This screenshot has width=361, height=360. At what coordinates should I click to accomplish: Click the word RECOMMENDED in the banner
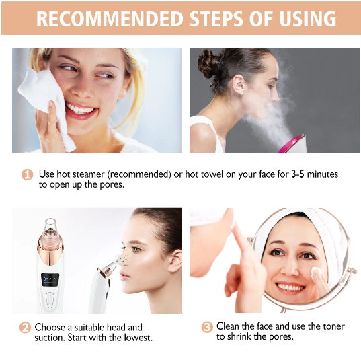tap(110, 19)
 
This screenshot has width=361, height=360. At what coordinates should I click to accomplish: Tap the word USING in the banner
tap(308, 19)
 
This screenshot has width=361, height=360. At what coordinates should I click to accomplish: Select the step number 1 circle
tap(28, 174)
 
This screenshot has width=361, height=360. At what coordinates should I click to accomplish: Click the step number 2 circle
tap(25, 328)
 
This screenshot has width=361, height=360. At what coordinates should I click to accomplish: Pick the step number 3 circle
tap(207, 327)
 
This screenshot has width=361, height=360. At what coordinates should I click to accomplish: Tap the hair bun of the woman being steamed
tap(207, 64)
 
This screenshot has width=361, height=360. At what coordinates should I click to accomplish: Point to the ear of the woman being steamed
tap(239, 84)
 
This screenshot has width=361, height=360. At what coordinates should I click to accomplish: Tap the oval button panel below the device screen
tap(50, 300)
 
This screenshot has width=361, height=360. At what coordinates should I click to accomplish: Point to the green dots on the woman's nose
tap(124, 259)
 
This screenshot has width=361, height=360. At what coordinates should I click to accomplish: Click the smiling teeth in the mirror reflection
tap(291, 288)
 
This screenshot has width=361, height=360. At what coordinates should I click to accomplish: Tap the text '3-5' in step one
tap(298, 174)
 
